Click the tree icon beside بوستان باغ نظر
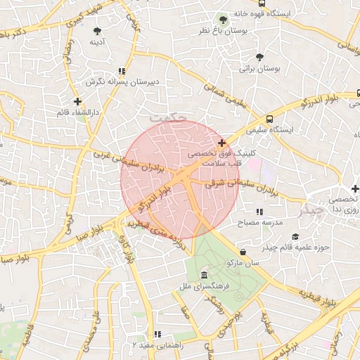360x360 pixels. click(223, 20)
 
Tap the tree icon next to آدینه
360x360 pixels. click(97, 31)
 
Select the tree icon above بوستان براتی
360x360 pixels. click(260, 56)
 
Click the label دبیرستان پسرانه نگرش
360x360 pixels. click(123, 82)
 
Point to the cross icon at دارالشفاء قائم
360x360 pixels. click(77, 101)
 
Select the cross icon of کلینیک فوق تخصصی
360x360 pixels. click(222, 143)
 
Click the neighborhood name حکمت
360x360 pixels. click(174, 119)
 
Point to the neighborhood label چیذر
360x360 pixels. click(313, 210)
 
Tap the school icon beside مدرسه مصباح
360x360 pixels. click(259, 211)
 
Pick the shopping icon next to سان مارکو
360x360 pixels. click(243, 252)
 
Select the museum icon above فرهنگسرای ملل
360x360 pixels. click(204, 274)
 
